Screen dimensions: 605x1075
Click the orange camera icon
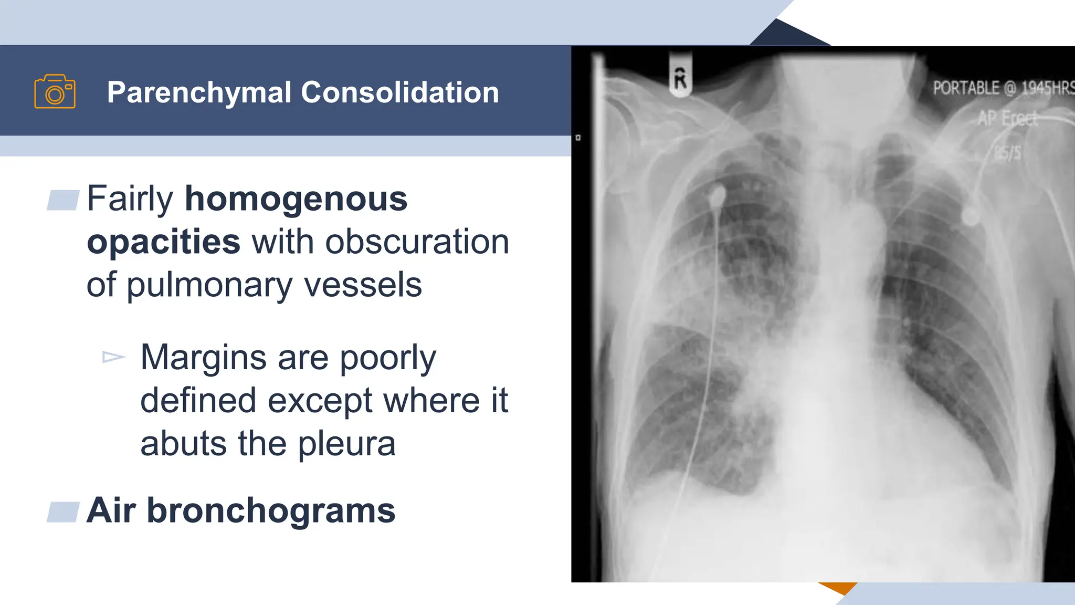55,91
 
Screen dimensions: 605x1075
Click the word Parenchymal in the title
199,92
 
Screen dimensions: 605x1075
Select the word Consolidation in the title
399,92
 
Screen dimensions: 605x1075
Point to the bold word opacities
163,242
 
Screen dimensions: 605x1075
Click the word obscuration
417,242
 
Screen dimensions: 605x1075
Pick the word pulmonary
210,285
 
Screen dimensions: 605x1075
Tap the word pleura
346,444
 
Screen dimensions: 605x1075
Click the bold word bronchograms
271,510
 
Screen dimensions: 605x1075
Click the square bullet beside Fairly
63,200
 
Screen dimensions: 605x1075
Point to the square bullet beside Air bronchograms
63,512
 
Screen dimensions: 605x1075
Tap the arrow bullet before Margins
113,358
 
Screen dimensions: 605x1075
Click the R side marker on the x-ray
680,79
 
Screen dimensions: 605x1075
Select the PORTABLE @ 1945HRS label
1003,88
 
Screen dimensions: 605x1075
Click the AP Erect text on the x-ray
1007,119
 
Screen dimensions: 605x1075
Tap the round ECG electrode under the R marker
717,196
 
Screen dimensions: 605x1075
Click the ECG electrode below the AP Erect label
971,216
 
